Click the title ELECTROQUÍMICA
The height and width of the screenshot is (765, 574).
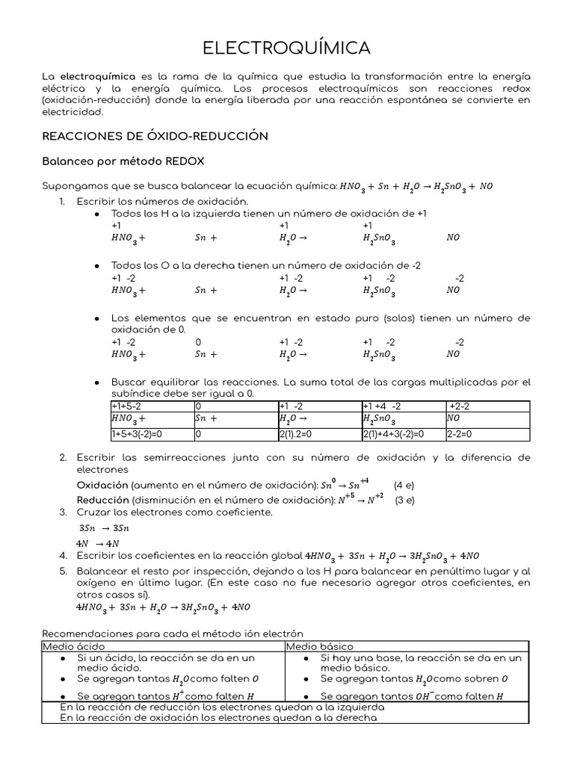286,48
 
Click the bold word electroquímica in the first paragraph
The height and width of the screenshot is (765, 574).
97,76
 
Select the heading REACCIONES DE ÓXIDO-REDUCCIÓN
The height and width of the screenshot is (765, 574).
155,136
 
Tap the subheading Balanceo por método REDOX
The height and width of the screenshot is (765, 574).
123,161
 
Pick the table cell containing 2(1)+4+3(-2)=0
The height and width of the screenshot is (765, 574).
393,433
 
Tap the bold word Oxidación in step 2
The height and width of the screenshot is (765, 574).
103,485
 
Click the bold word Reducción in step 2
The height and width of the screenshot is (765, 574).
103,500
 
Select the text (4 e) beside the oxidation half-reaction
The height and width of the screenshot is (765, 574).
404,485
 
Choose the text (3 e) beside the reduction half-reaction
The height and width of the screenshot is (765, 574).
404,500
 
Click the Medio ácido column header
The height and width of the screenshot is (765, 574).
74,646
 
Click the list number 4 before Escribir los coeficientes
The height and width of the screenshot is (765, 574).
64,556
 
